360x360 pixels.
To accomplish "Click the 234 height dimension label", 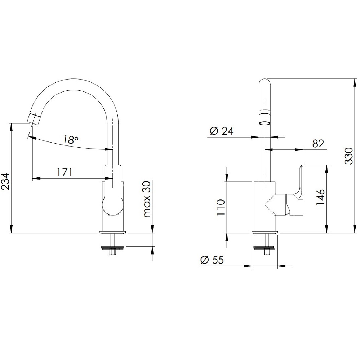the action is click(x=6, y=181).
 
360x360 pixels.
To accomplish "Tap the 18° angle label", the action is click(x=71, y=139).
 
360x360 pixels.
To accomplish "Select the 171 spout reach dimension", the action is click(x=65, y=172).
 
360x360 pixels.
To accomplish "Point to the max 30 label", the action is click(x=147, y=199).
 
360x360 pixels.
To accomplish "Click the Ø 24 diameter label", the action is click(x=221, y=131).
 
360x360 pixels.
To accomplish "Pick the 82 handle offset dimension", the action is click(x=318, y=144).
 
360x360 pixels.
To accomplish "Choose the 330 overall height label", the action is click(x=348, y=156).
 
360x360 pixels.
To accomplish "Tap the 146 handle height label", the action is click(x=320, y=197).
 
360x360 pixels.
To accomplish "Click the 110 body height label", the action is click(x=221, y=207).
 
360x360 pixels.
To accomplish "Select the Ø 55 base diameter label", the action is click(x=212, y=260).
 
